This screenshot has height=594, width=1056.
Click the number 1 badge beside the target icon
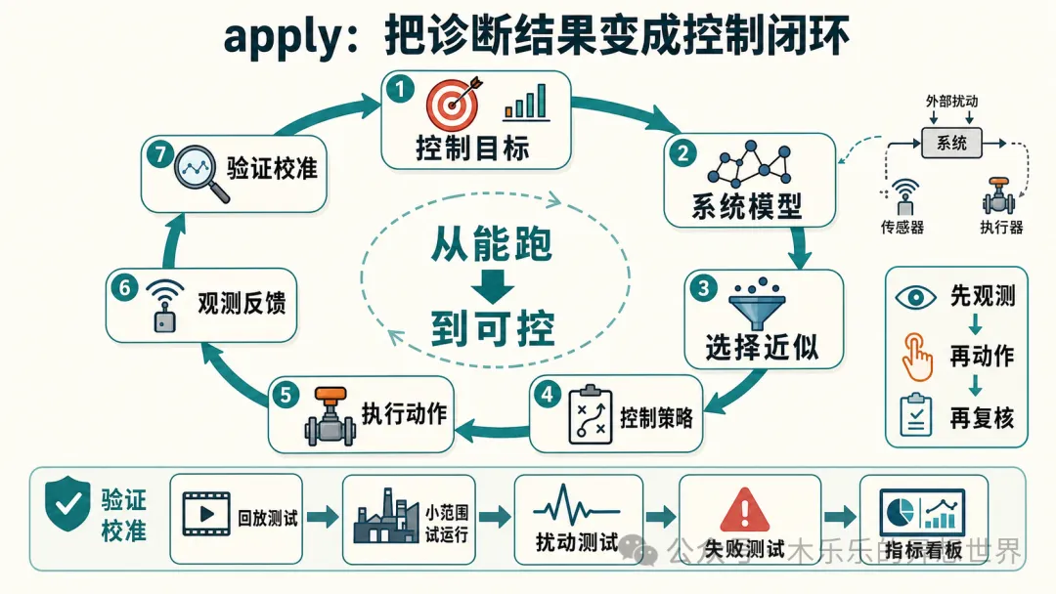click(x=400, y=90)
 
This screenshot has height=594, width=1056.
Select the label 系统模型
click(x=747, y=206)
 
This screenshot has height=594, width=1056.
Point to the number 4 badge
click(x=548, y=395)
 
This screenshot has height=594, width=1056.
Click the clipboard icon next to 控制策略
click(x=591, y=415)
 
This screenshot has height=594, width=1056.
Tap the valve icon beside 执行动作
click(x=330, y=416)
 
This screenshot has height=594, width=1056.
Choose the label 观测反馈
click(x=242, y=304)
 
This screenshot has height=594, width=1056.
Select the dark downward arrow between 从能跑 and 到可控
click(x=492, y=286)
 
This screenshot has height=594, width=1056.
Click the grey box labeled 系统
click(x=951, y=143)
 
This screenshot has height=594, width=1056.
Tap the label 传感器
click(x=902, y=228)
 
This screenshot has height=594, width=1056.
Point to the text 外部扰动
click(x=951, y=101)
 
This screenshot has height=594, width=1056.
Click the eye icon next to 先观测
click(x=915, y=297)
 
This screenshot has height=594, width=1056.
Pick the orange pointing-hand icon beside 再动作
click(x=916, y=357)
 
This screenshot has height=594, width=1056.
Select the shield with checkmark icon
click(x=67, y=503)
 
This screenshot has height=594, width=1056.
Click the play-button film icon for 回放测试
click(x=206, y=514)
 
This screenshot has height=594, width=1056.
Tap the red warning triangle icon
click(x=744, y=510)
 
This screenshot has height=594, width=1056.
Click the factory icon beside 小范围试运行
click(x=386, y=517)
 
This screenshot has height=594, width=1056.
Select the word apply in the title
click(x=284, y=37)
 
